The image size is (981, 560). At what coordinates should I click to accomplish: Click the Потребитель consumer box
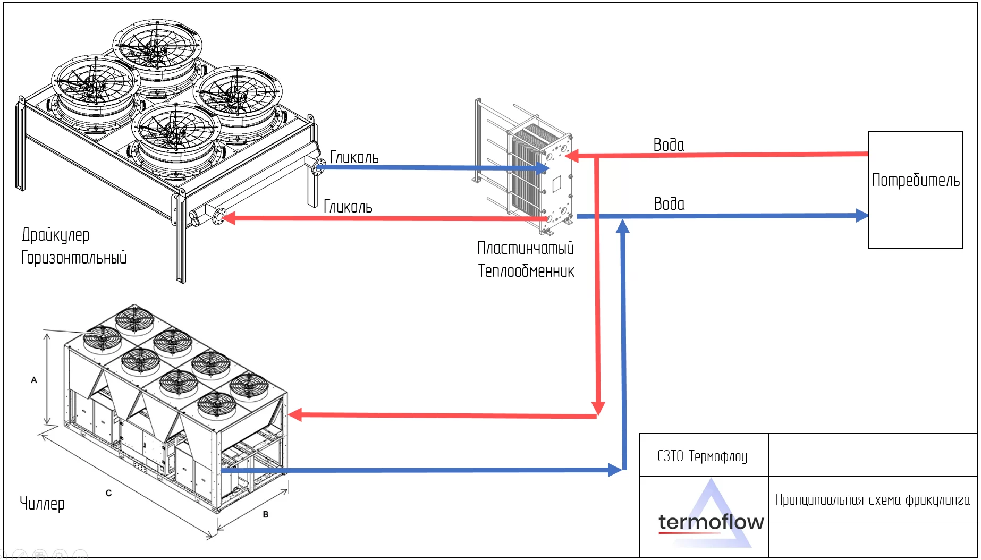click(x=915, y=190)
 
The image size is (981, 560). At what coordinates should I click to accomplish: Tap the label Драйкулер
click(x=56, y=235)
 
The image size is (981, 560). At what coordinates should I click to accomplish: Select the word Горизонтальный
click(x=74, y=258)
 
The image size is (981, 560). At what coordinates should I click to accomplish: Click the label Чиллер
click(x=42, y=503)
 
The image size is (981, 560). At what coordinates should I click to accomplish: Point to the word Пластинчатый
click(x=526, y=248)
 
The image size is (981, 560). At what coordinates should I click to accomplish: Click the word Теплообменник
click(x=526, y=271)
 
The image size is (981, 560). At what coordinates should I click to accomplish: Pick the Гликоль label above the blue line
click(x=354, y=157)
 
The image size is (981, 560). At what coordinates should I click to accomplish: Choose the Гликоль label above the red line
click(x=348, y=207)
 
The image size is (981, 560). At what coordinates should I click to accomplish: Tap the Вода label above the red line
click(x=669, y=145)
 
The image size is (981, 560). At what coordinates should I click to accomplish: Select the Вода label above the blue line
click(x=669, y=203)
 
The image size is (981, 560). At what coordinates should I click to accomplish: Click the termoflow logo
click(x=711, y=522)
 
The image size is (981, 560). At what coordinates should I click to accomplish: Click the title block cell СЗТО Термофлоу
click(x=703, y=456)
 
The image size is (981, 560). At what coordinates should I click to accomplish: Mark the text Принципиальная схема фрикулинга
click(x=873, y=500)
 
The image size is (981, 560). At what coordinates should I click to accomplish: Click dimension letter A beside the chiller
click(x=34, y=380)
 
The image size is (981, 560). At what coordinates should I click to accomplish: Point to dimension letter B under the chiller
click(x=266, y=514)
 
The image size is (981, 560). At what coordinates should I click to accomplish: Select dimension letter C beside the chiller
click(x=108, y=493)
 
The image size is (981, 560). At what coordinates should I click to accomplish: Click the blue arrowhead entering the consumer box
click(x=862, y=216)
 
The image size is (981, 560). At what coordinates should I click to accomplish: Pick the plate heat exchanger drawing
click(x=531, y=167)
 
